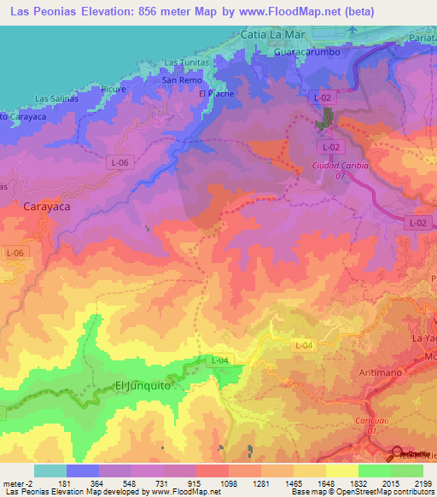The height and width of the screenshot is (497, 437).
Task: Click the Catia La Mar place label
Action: [273, 36]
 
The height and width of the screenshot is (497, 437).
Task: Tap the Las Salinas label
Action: [57, 98]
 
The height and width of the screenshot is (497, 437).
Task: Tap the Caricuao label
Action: [368, 421]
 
